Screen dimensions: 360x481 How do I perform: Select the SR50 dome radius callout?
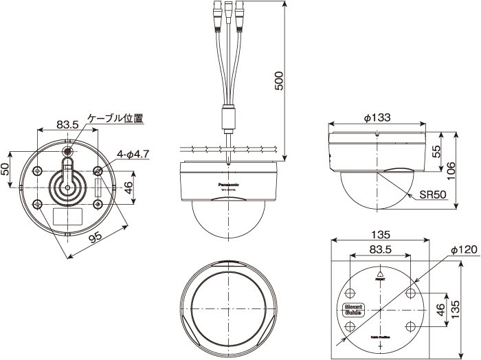433,195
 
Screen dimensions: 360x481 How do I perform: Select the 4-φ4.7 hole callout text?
133,154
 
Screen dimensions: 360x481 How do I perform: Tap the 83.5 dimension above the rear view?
68,124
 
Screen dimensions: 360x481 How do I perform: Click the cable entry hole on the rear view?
69,150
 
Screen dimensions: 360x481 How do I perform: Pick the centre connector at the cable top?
227,14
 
